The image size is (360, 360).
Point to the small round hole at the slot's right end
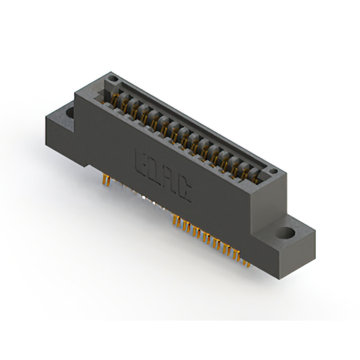273,172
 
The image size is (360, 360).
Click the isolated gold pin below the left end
105,179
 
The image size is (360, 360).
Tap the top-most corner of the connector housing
112,71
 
